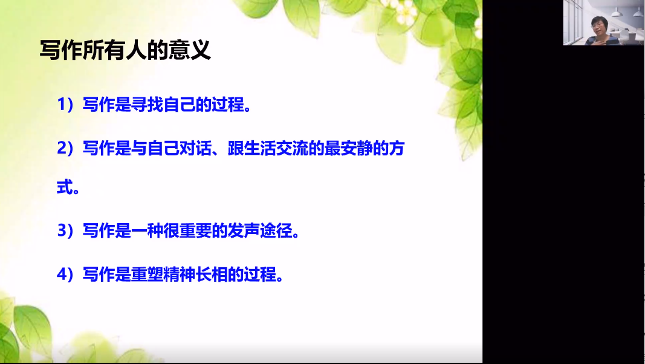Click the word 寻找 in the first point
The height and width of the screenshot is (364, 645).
pyautogui.click(x=147, y=105)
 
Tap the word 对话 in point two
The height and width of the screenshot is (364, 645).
pyautogui.click(x=195, y=148)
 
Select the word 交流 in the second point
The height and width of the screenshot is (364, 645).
pyautogui.click(x=292, y=148)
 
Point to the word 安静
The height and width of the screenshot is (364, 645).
pyautogui.click(x=357, y=148)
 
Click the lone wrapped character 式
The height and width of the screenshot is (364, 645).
pyautogui.click(x=65, y=187)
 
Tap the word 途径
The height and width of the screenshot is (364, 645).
pyautogui.click(x=276, y=230)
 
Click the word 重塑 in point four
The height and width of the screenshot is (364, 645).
pyautogui.click(x=147, y=274)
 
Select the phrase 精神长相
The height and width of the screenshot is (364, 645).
pyautogui.click(x=195, y=274)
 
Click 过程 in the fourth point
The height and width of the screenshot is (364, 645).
pyautogui.click(x=260, y=274)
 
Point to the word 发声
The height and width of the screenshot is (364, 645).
pyautogui.click(x=244, y=230)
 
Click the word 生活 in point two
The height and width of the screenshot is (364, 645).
pyautogui.click(x=260, y=148)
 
